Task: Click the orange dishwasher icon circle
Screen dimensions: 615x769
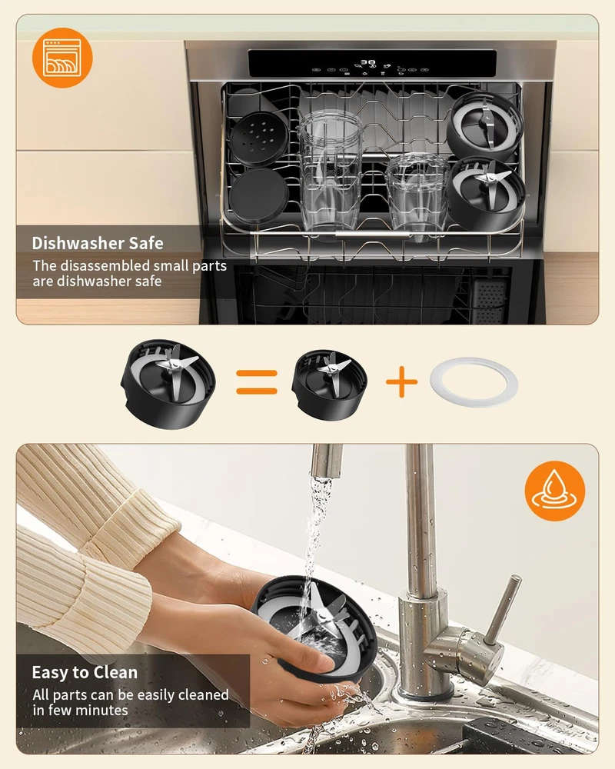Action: click(62, 58)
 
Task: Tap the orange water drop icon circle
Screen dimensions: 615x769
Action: click(555, 491)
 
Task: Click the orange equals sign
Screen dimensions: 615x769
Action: click(257, 382)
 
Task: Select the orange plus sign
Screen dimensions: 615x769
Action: click(401, 381)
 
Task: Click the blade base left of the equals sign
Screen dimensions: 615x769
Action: click(168, 384)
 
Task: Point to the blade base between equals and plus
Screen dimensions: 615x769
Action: click(329, 384)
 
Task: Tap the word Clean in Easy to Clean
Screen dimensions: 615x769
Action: click(116, 672)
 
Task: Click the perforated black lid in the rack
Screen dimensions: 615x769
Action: click(259, 138)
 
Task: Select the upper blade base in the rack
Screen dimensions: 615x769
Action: click(484, 125)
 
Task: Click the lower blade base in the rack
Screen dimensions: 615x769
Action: click(486, 192)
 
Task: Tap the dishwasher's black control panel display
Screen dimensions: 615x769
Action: click(372, 64)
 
